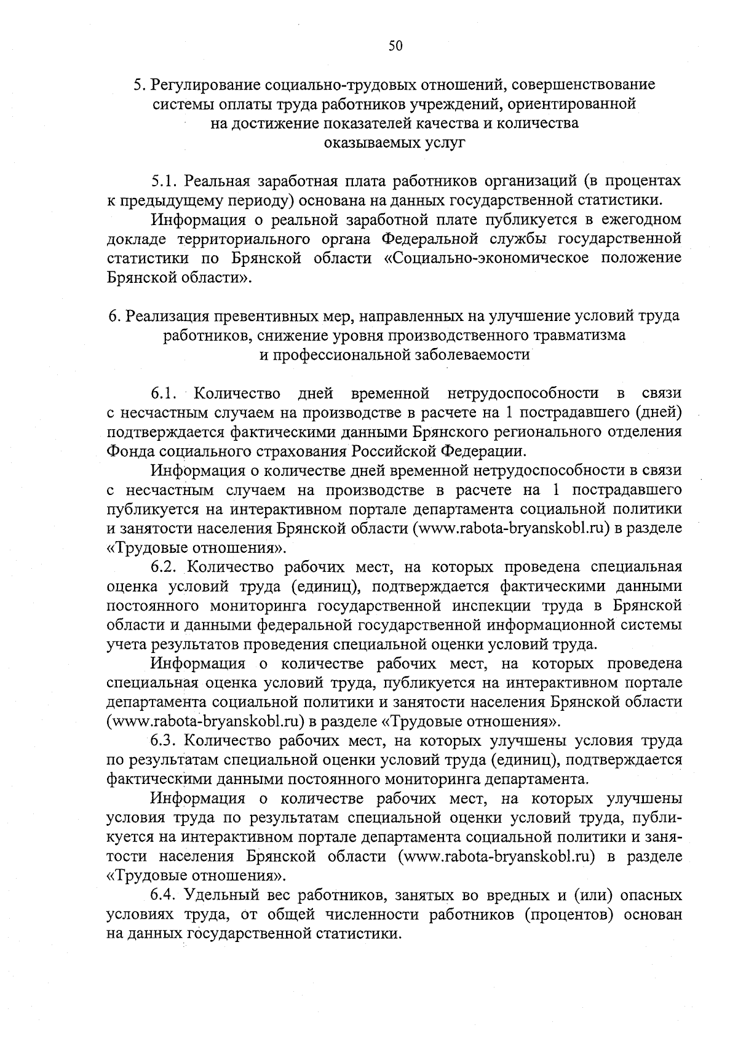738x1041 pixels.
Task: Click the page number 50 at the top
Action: pos(395,45)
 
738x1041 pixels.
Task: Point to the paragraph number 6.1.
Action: pos(164,393)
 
